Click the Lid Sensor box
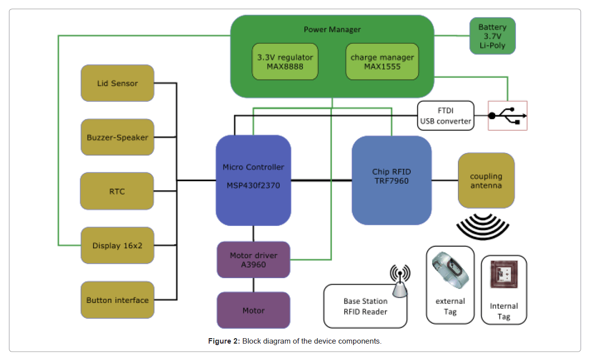point(117,83)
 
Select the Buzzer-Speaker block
point(117,138)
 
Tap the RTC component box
point(117,191)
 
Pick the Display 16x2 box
point(117,245)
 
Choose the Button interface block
point(117,300)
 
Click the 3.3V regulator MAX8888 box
point(285,62)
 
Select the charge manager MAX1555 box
point(382,62)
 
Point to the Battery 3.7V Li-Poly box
point(492,36)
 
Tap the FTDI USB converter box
point(445,116)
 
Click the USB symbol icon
point(507,116)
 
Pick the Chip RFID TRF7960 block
point(391,180)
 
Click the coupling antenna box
point(486,180)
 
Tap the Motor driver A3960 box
point(253,260)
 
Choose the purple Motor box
point(253,310)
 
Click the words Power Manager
point(332,30)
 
